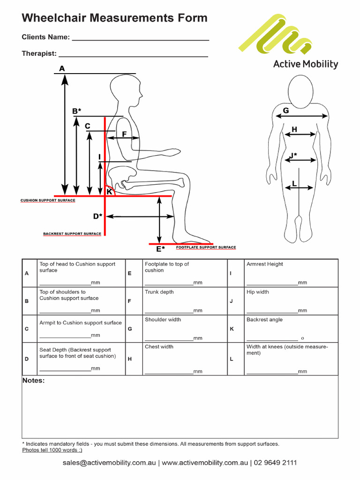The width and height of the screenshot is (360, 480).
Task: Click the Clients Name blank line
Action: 140,40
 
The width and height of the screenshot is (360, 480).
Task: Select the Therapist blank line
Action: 133,56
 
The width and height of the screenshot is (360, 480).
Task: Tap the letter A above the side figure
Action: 62,69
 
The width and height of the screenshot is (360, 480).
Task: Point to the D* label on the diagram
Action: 97,216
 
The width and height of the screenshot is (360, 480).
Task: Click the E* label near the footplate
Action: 160,249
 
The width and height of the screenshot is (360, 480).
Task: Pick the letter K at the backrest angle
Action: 109,191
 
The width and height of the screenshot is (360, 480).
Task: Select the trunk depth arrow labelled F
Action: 123,138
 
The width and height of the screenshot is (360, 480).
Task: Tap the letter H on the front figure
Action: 294,129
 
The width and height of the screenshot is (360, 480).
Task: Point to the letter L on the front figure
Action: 294,183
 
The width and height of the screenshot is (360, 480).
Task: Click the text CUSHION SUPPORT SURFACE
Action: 47,200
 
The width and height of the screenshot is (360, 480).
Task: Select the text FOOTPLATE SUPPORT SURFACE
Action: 206,247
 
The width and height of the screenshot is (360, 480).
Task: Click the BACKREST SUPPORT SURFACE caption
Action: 72,233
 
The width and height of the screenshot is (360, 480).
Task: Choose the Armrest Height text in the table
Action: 265,264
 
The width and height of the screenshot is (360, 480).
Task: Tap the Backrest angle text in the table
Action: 264,320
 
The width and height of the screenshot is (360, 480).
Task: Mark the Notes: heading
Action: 34,381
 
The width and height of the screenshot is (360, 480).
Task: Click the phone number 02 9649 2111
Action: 276,463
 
